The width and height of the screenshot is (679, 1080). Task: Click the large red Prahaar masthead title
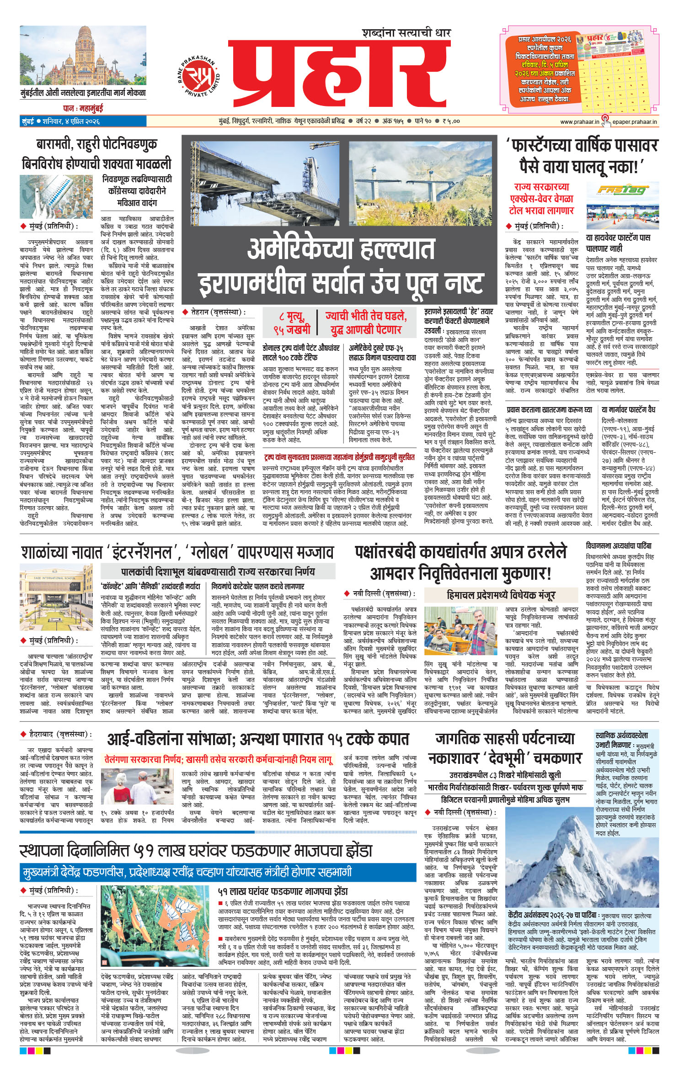[338, 78]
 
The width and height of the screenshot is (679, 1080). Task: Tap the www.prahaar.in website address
[579, 122]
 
